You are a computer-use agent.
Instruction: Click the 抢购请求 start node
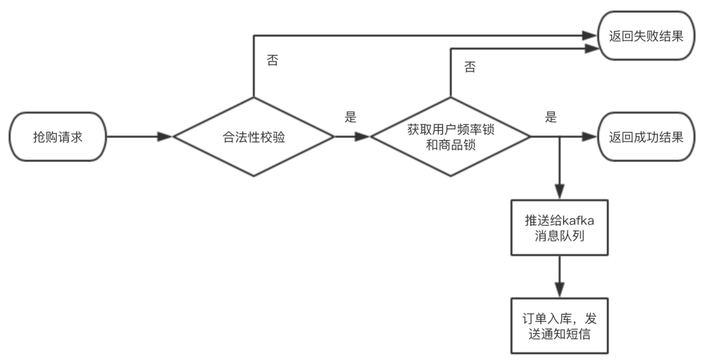pos(58,137)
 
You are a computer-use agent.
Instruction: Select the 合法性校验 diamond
pos(253,137)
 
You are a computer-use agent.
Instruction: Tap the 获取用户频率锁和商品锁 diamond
pos(450,137)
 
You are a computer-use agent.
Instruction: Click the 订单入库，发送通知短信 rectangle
pos(559,325)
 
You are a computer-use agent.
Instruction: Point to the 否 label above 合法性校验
pos(272,61)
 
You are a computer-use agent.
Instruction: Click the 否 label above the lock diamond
pos(469,67)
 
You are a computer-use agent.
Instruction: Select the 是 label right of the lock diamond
pos(551,118)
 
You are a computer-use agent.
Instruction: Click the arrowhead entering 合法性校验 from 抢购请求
pos(165,137)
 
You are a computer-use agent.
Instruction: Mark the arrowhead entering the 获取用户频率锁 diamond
pos(363,137)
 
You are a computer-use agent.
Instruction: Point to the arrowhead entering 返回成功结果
pos(590,137)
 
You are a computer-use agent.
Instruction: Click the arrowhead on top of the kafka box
pos(559,194)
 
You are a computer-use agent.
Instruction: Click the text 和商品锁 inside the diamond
pos(450,146)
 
